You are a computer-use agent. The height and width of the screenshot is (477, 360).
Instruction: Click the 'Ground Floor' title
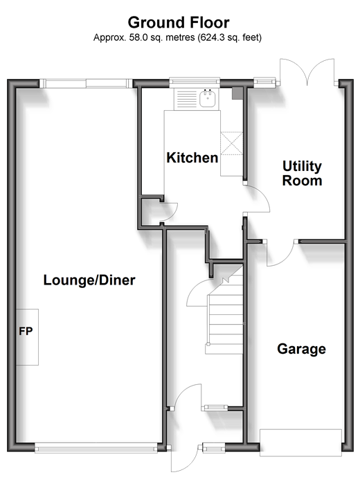point(179,23)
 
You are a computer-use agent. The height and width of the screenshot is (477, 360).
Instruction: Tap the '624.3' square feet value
point(209,37)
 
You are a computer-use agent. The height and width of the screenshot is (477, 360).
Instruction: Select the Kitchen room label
point(192,158)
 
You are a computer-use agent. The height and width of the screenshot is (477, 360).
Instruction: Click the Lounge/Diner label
point(89,280)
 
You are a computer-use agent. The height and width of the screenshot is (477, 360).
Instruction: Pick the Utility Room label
point(302,173)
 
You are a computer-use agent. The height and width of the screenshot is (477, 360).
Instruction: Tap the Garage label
point(301,349)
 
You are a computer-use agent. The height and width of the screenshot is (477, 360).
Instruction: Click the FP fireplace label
point(26,331)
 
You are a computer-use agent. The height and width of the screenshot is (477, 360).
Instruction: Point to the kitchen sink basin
point(208,98)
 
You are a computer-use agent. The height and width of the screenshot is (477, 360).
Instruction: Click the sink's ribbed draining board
point(186,99)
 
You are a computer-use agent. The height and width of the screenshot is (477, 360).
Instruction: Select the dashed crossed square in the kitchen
point(232,143)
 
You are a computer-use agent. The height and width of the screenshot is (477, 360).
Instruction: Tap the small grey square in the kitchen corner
point(237,93)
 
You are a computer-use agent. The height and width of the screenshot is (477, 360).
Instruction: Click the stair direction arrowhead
point(226,280)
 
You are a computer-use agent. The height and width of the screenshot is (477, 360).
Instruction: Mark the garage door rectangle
point(300,442)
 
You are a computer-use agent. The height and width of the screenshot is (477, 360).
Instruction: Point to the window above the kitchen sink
point(195,81)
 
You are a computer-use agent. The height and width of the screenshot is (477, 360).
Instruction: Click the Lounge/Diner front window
point(96,448)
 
